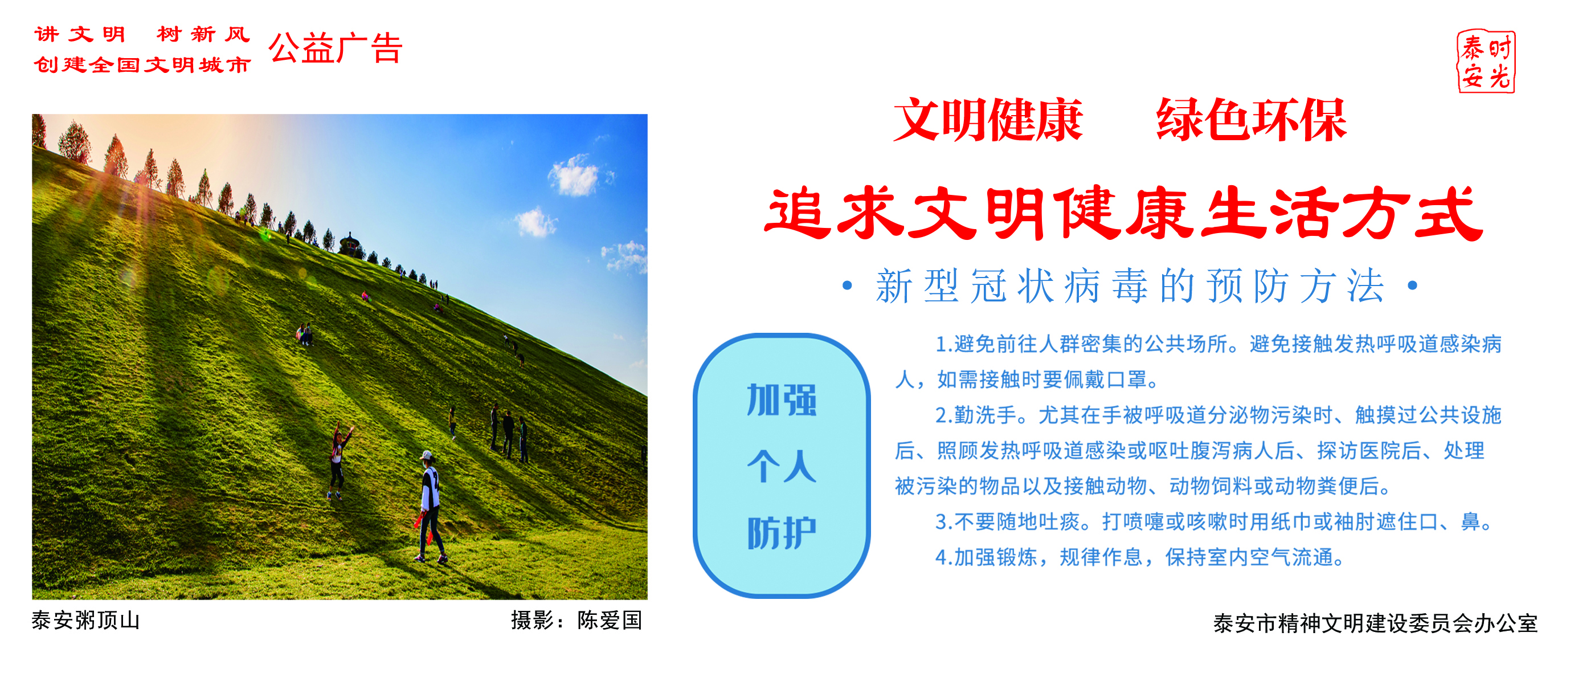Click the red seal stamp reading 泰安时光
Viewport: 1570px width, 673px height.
pyautogui.click(x=1486, y=62)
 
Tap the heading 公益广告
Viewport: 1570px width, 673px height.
pyautogui.click(x=336, y=48)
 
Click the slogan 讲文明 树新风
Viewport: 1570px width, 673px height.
pyautogui.click(x=142, y=34)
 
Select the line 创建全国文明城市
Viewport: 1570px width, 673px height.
pyautogui.click(x=142, y=64)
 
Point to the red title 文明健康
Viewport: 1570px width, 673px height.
pyautogui.click(x=988, y=120)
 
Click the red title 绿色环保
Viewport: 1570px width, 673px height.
pyautogui.click(x=1251, y=120)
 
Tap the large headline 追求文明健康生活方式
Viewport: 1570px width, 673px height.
pyautogui.click(x=1123, y=213)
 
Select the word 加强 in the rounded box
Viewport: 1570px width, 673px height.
pyautogui.click(x=782, y=401)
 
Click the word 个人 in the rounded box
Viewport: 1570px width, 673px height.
pyautogui.click(x=782, y=466)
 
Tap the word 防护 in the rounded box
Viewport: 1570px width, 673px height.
pyautogui.click(x=782, y=533)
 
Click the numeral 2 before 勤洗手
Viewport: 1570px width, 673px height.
pyautogui.click(x=941, y=416)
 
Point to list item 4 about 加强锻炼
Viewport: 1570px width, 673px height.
pyautogui.click(x=1140, y=557)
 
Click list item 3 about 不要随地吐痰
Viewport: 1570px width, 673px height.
pyautogui.click(x=1214, y=522)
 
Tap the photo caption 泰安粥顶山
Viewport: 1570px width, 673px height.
pyautogui.click(x=86, y=621)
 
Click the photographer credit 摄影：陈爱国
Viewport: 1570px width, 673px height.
pyautogui.click(x=577, y=621)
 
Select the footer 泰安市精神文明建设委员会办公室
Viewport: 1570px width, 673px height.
pyautogui.click(x=1376, y=623)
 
